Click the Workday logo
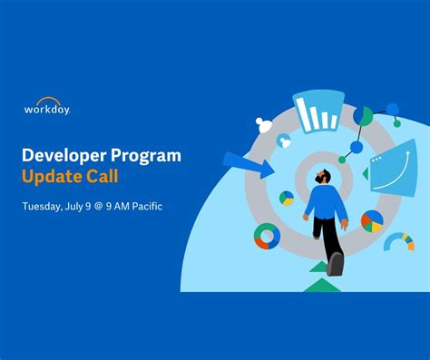(47, 107)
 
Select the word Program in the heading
(147, 156)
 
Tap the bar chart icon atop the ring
(317, 112)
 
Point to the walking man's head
(321, 174)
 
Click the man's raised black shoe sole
(336, 264)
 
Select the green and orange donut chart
(267, 237)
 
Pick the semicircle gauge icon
(398, 241)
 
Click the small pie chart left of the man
(287, 198)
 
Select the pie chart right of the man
(372, 220)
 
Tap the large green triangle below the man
(321, 285)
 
